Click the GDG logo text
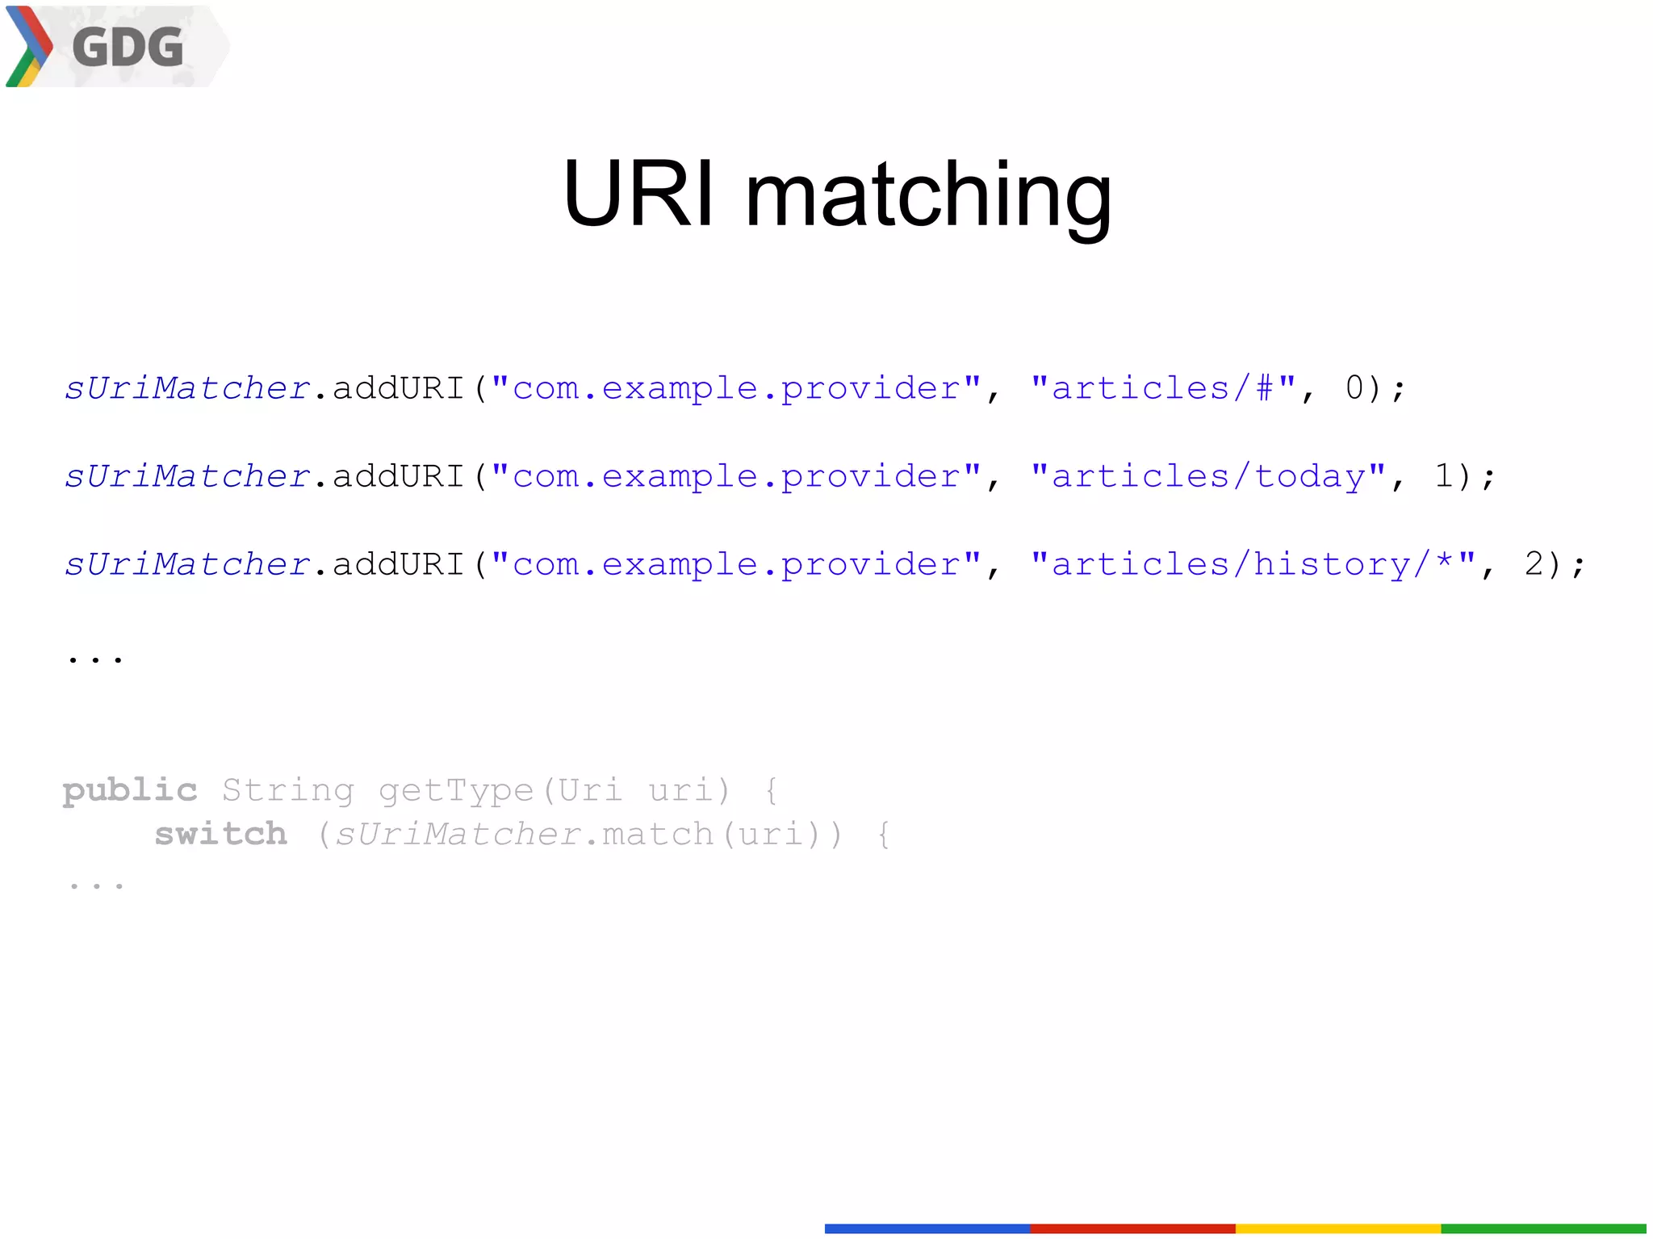point(128,47)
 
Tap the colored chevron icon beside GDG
point(28,47)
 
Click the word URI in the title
point(638,195)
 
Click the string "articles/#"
point(1163,388)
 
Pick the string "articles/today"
point(1208,476)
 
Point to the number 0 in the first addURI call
point(1354,388)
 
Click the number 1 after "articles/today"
point(1444,476)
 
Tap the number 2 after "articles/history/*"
point(1534,564)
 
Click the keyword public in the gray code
point(130,790)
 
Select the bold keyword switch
point(220,834)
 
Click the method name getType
point(456,790)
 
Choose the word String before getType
point(288,790)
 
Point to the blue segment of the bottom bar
point(927,1228)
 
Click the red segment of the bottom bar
point(1132,1228)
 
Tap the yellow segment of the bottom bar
point(1337,1228)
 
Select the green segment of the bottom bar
point(1543,1228)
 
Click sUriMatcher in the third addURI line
point(187,564)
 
